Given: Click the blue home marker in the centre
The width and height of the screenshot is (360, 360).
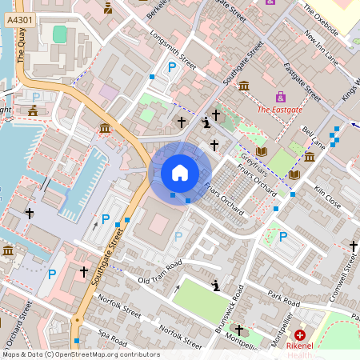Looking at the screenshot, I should (x=180, y=172).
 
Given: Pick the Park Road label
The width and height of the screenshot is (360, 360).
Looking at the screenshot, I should (x=283, y=299).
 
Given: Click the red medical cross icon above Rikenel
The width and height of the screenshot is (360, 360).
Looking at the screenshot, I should (x=300, y=335).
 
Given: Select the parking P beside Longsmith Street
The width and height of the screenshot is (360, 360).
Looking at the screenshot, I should (x=171, y=69).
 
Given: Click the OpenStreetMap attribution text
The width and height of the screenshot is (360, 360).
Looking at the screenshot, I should (x=80, y=354).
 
